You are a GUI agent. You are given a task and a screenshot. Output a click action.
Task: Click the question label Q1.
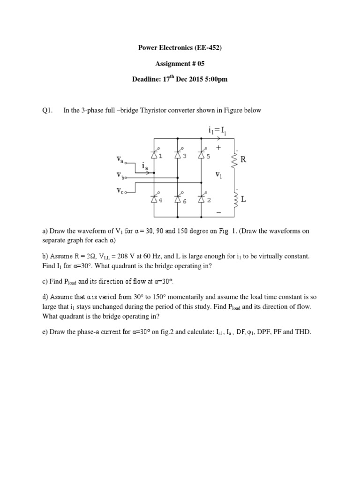pos(48,111)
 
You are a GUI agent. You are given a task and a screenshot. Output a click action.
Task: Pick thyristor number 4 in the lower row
pos(153,199)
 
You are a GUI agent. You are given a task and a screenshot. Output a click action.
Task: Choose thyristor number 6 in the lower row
pos(178,199)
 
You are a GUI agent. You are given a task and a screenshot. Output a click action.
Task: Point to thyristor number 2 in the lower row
pos(202,199)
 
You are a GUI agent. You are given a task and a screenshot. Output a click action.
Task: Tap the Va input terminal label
pos(121,160)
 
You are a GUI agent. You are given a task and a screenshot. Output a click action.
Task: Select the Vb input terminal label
pos(121,175)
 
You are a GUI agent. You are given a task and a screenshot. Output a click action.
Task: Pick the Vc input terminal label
pos(121,191)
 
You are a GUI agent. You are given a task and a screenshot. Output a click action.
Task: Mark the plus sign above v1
pos(218,147)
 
